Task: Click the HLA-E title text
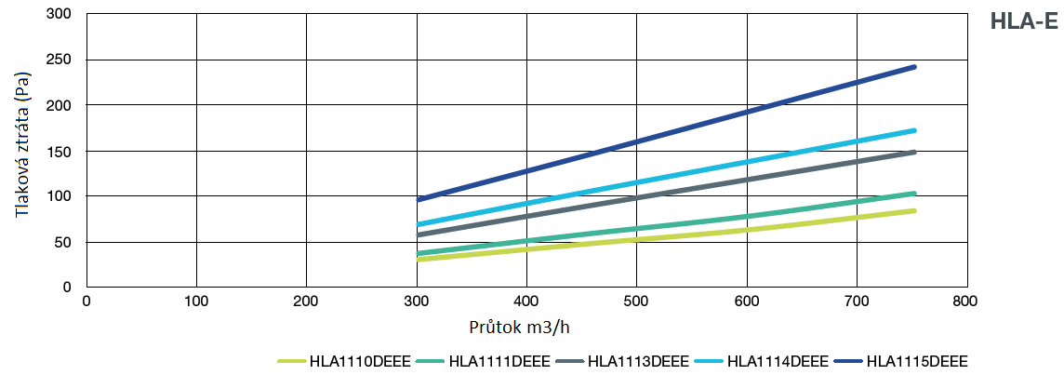tap(1024, 22)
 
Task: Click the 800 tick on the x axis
tap(965, 301)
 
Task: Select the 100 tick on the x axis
tap(196, 301)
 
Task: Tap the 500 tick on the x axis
tap(636, 301)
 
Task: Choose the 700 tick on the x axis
tap(856, 301)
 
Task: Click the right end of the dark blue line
tap(914, 67)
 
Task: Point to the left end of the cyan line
tap(419, 224)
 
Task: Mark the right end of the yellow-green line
tap(914, 211)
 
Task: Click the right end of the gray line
tap(914, 153)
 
